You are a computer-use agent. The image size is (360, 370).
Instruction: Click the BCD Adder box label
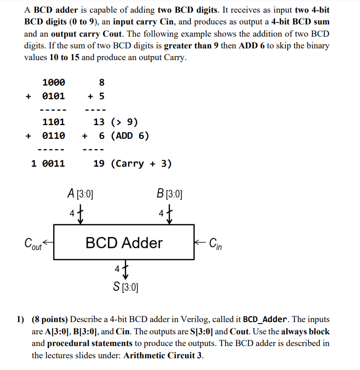pyautogui.click(x=124, y=242)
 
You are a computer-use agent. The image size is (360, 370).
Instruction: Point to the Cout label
pyautogui.click(x=33, y=243)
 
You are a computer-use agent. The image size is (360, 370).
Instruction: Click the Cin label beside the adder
pyautogui.click(x=215, y=243)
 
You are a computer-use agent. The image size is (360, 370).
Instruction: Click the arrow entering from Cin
pyautogui.click(x=200, y=240)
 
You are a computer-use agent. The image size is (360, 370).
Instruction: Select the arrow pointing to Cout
pyautogui.click(x=48, y=240)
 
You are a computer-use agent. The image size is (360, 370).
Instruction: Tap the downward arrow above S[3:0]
pyautogui.click(x=125, y=270)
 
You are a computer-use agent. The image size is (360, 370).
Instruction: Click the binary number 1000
pyautogui.click(x=54, y=82)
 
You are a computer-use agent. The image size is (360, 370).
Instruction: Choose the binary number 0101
pyautogui.click(x=54, y=95)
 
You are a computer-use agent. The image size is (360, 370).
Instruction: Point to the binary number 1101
pyautogui.click(x=54, y=122)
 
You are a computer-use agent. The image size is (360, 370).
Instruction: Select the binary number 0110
pyautogui.click(x=54, y=135)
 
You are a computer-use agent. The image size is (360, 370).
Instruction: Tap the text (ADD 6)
pyautogui.click(x=130, y=135)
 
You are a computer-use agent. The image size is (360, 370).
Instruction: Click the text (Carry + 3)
pyautogui.click(x=142, y=163)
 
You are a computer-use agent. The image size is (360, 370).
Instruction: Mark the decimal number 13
pyautogui.click(x=99, y=122)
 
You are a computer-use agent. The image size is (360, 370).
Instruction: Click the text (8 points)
pyautogui.click(x=50, y=319)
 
